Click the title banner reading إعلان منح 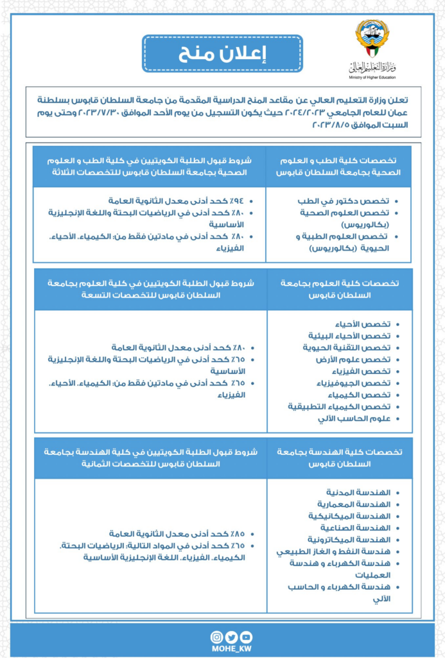coord(222,54)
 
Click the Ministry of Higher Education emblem coord(372,39)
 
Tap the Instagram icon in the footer coord(217,637)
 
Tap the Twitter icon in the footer coord(231,637)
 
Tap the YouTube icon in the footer coord(246,637)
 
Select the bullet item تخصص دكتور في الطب coord(363,200)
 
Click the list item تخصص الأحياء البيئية coord(358,336)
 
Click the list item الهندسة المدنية coord(363,492)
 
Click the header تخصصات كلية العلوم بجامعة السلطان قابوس coord(340,289)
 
